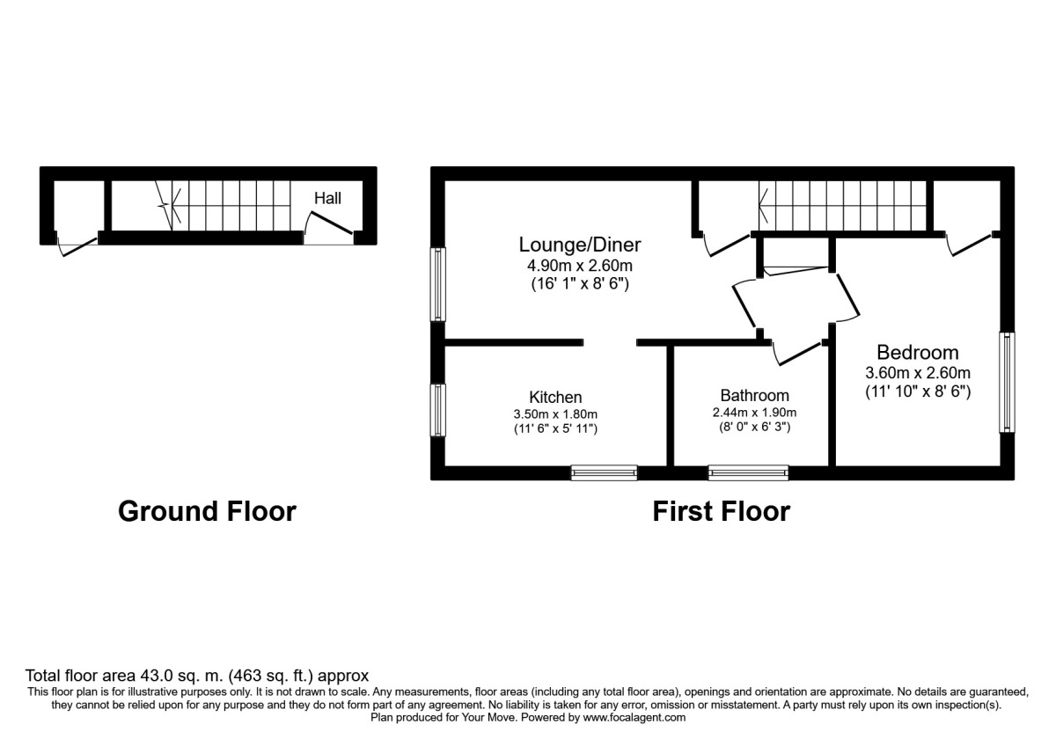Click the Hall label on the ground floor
coord(327,199)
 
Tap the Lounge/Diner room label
coord(580,245)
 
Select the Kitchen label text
coord(555,397)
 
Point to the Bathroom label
coord(754,395)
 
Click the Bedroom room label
coord(917,353)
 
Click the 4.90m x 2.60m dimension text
coord(580,265)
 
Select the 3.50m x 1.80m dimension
coord(555,413)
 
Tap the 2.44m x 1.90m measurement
coord(754,412)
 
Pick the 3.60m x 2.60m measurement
coord(917,373)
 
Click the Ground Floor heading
coord(207,511)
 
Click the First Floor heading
coord(721,511)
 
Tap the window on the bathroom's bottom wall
coord(749,473)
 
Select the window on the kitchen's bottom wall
coord(604,473)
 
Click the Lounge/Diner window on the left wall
coord(437,284)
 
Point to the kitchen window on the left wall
coord(437,409)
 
